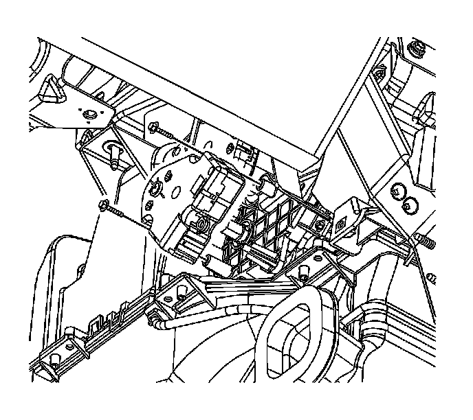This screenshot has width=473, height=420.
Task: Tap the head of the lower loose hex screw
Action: [x=104, y=205]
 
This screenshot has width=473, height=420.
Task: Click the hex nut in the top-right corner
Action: [x=416, y=49]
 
